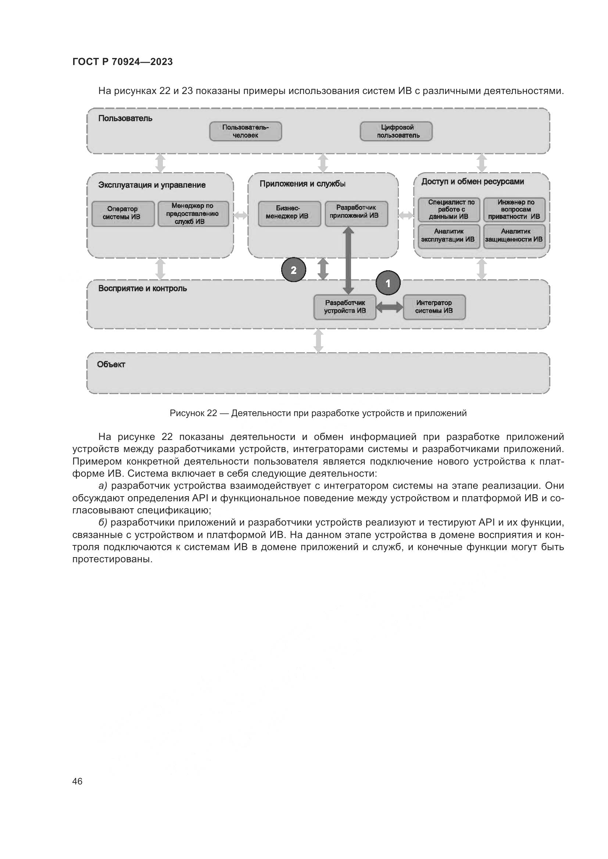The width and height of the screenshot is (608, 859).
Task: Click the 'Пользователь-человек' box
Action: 245,131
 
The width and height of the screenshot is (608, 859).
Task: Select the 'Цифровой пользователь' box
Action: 396,131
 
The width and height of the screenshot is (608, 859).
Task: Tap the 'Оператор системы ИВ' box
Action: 123,214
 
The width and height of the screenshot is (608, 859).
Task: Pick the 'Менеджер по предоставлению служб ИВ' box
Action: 193,214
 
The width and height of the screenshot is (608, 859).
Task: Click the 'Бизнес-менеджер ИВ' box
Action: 289,214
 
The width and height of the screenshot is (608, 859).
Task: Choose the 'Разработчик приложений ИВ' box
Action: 356,214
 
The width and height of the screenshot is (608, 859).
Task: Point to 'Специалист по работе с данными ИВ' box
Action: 448,209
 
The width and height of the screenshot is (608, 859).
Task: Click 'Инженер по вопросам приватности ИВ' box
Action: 514,209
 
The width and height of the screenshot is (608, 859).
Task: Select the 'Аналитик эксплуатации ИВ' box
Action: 448,236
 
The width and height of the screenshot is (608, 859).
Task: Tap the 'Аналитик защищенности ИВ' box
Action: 514,236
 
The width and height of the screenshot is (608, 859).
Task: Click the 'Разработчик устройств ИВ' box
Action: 345,307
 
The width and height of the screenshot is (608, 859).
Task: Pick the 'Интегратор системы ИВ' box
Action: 434,307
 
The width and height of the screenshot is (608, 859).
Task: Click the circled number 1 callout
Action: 388,283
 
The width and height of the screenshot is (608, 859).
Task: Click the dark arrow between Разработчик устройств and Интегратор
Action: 389,307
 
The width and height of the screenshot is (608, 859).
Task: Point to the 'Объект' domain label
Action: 111,364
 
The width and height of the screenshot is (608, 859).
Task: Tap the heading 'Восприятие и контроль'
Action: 142,288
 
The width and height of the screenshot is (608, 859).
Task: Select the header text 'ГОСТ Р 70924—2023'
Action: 122,62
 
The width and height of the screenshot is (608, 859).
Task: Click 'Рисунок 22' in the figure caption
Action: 193,413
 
